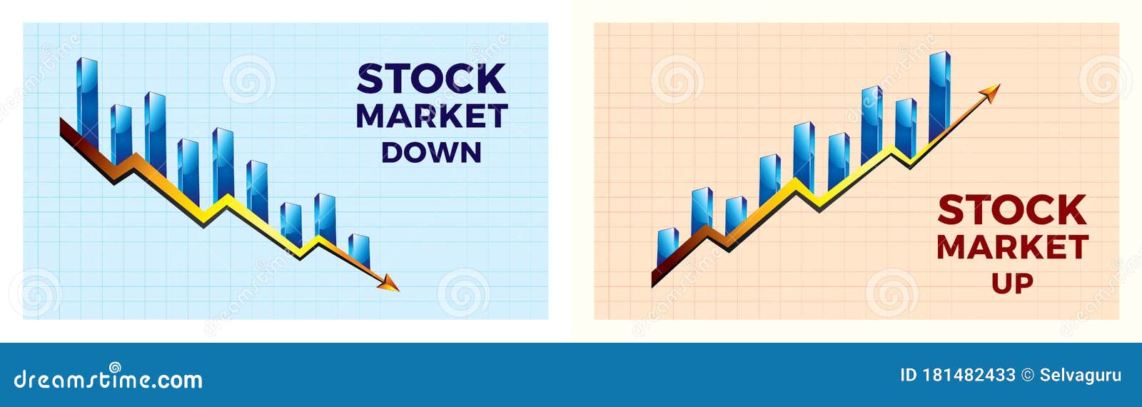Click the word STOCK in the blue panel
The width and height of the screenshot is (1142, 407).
click(x=431, y=79)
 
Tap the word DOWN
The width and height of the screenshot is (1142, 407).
click(x=431, y=153)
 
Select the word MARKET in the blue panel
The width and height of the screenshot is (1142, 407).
click(x=431, y=116)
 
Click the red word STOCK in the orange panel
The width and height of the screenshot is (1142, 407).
click(x=1012, y=210)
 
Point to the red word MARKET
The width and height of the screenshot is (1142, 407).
click(x=1012, y=248)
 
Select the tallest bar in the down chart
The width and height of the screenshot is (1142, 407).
click(x=87, y=100)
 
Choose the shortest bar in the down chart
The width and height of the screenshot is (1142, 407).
click(x=359, y=250)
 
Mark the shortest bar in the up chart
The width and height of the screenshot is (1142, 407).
click(x=667, y=246)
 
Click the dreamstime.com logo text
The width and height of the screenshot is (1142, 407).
click(x=108, y=379)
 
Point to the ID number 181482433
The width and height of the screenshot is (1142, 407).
click(x=969, y=375)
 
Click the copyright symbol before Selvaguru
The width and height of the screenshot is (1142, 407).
click(x=1027, y=376)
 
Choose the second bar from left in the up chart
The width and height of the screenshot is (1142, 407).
click(x=702, y=209)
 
